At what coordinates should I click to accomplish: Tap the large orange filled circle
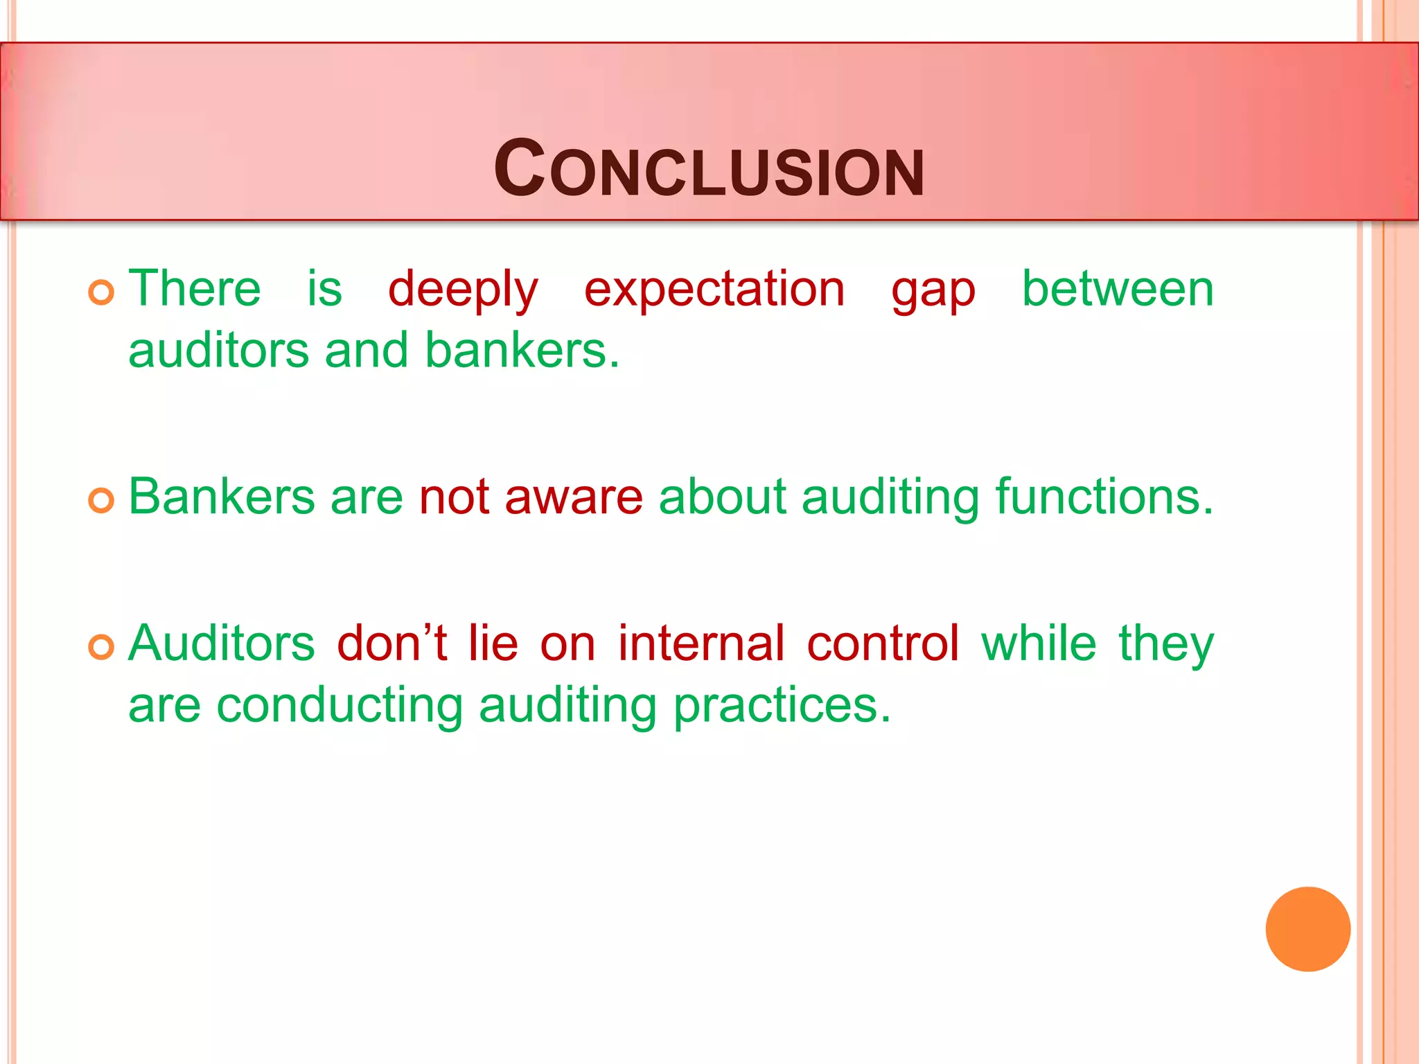tap(1307, 929)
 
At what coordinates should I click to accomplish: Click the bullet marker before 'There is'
tap(101, 292)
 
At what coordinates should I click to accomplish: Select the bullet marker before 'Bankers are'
tap(101, 500)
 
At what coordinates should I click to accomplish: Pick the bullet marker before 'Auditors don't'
tap(101, 647)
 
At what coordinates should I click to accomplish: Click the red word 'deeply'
tap(463, 290)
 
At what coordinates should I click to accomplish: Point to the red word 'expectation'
tap(714, 290)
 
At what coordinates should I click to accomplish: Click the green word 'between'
tap(1118, 288)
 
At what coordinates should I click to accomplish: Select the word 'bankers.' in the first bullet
tap(522, 351)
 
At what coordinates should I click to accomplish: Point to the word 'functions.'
tap(1104, 497)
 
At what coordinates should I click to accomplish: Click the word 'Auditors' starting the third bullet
tap(222, 644)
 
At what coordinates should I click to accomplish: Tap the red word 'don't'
tap(391, 644)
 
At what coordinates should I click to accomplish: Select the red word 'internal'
tap(701, 644)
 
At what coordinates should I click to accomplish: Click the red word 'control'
tap(883, 644)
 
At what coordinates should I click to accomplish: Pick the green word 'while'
tap(1039, 644)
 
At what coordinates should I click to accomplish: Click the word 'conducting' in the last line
tap(340, 706)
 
